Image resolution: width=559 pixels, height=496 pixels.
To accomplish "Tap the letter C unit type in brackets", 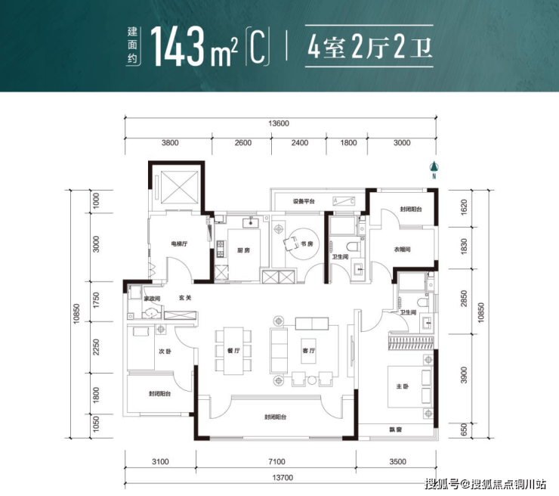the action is pyautogui.click(x=258, y=47).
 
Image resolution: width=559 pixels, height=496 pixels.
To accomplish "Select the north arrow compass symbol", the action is pyautogui.click(x=434, y=170).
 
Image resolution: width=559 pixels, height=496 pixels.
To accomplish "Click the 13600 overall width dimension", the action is pyautogui.click(x=279, y=123).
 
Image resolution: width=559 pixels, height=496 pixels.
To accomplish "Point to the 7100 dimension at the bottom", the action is pyautogui.click(x=276, y=462).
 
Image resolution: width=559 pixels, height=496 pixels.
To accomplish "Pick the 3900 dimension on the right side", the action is pyautogui.click(x=464, y=375).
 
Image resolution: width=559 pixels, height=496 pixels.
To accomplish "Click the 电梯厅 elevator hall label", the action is pyautogui.click(x=179, y=244).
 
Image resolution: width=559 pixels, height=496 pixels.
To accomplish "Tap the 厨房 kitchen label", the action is pyautogui.click(x=243, y=250).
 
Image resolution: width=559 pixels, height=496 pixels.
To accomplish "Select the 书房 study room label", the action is pyautogui.click(x=307, y=244).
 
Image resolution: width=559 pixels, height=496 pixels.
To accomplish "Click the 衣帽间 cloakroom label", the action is pyautogui.click(x=402, y=250).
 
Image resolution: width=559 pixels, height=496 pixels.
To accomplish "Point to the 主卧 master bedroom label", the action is pyautogui.click(x=402, y=386).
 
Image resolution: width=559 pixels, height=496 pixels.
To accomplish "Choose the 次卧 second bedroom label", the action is pyautogui.click(x=165, y=352).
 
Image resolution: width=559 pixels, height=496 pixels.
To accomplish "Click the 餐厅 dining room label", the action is pyautogui.click(x=233, y=351).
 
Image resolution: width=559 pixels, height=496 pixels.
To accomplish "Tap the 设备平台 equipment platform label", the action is pyautogui.click(x=304, y=201).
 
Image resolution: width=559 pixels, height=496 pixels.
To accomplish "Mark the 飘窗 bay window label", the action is pyautogui.click(x=396, y=429).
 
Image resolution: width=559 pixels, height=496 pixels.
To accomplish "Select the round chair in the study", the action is pyautogui.click(x=292, y=243).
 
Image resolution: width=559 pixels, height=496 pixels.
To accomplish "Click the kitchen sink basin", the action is pyautogui.click(x=252, y=223).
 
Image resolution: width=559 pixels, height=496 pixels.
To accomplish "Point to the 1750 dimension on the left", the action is pyautogui.click(x=96, y=301).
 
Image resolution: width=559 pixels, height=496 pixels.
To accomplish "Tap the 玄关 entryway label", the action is pyautogui.click(x=185, y=298).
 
